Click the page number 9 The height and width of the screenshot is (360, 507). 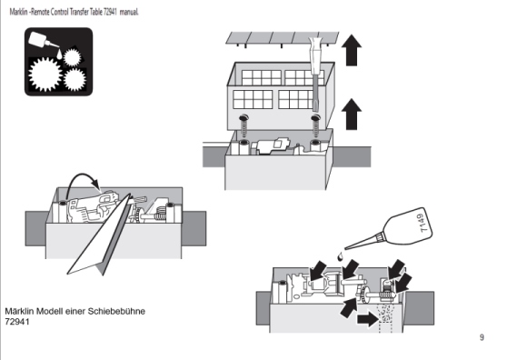click(x=482, y=337)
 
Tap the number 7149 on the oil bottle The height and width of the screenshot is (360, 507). click(x=424, y=223)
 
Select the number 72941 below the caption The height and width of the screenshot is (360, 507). click(x=17, y=322)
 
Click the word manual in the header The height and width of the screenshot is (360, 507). click(x=129, y=12)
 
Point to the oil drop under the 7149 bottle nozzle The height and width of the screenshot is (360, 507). click(x=340, y=256)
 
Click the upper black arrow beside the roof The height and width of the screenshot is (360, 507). click(x=352, y=50)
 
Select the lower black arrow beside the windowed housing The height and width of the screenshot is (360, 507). click(x=352, y=115)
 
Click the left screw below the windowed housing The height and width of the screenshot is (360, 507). click(x=244, y=125)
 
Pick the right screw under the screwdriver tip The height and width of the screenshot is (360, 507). click(x=315, y=125)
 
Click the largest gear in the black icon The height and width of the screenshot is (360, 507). click(x=45, y=74)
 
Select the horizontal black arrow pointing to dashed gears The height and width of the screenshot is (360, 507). click(x=367, y=319)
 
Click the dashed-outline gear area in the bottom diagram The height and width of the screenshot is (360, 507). click(x=385, y=317)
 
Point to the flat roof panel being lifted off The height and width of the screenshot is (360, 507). click(x=283, y=38)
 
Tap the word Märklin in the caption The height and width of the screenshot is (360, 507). click(x=19, y=311)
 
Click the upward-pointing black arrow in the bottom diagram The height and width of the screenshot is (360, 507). click(x=349, y=307)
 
